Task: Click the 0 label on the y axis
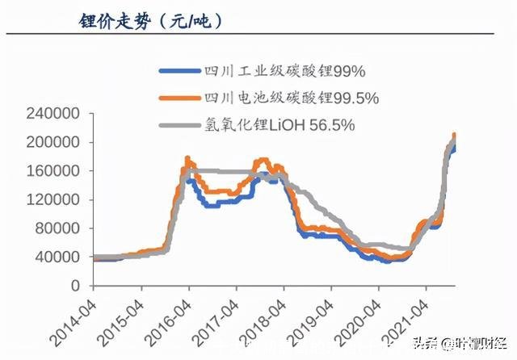click(x=75, y=286)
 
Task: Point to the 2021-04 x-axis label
click(x=408, y=319)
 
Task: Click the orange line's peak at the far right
click(x=454, y=135)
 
